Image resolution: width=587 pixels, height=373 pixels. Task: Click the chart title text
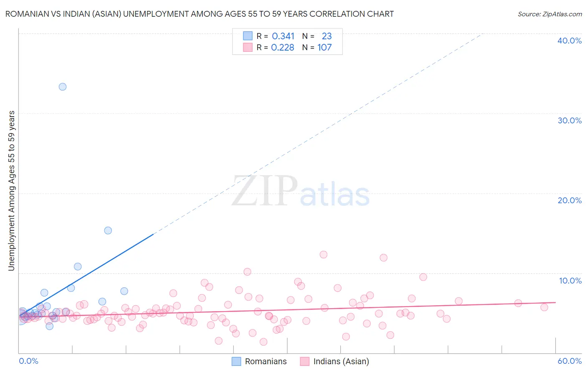[x=200, y=14]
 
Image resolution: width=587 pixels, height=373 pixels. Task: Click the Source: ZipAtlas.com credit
[x=549, y=14]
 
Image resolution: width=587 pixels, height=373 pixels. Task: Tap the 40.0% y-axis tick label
[x=569, y=41]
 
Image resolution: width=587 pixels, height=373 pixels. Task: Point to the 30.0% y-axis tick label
[x=569, y=120]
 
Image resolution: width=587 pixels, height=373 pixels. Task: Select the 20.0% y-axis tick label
[x=569, y=200]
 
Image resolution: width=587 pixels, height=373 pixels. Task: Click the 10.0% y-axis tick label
[x=570, y=281]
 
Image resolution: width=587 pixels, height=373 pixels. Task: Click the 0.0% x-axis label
[x=28, y=361]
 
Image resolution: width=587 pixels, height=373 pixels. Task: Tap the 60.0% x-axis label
[x=569, y=361]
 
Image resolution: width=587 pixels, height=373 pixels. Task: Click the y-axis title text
[x=12, y=190]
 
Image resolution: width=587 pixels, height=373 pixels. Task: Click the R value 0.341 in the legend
[x=283, y=36]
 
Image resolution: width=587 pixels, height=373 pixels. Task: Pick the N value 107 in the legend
[x=324, y=48]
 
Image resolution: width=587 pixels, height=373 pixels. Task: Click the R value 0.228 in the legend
[x=283, y=48]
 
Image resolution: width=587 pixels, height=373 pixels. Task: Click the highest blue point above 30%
[x=63, y=87]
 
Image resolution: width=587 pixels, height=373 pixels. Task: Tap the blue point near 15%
[x=108, y=230]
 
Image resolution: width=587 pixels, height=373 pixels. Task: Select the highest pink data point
[x=323, y=255]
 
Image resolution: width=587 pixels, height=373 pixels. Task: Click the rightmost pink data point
[x=544, y=307]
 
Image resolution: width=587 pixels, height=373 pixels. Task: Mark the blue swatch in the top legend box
[x=248, y=36]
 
